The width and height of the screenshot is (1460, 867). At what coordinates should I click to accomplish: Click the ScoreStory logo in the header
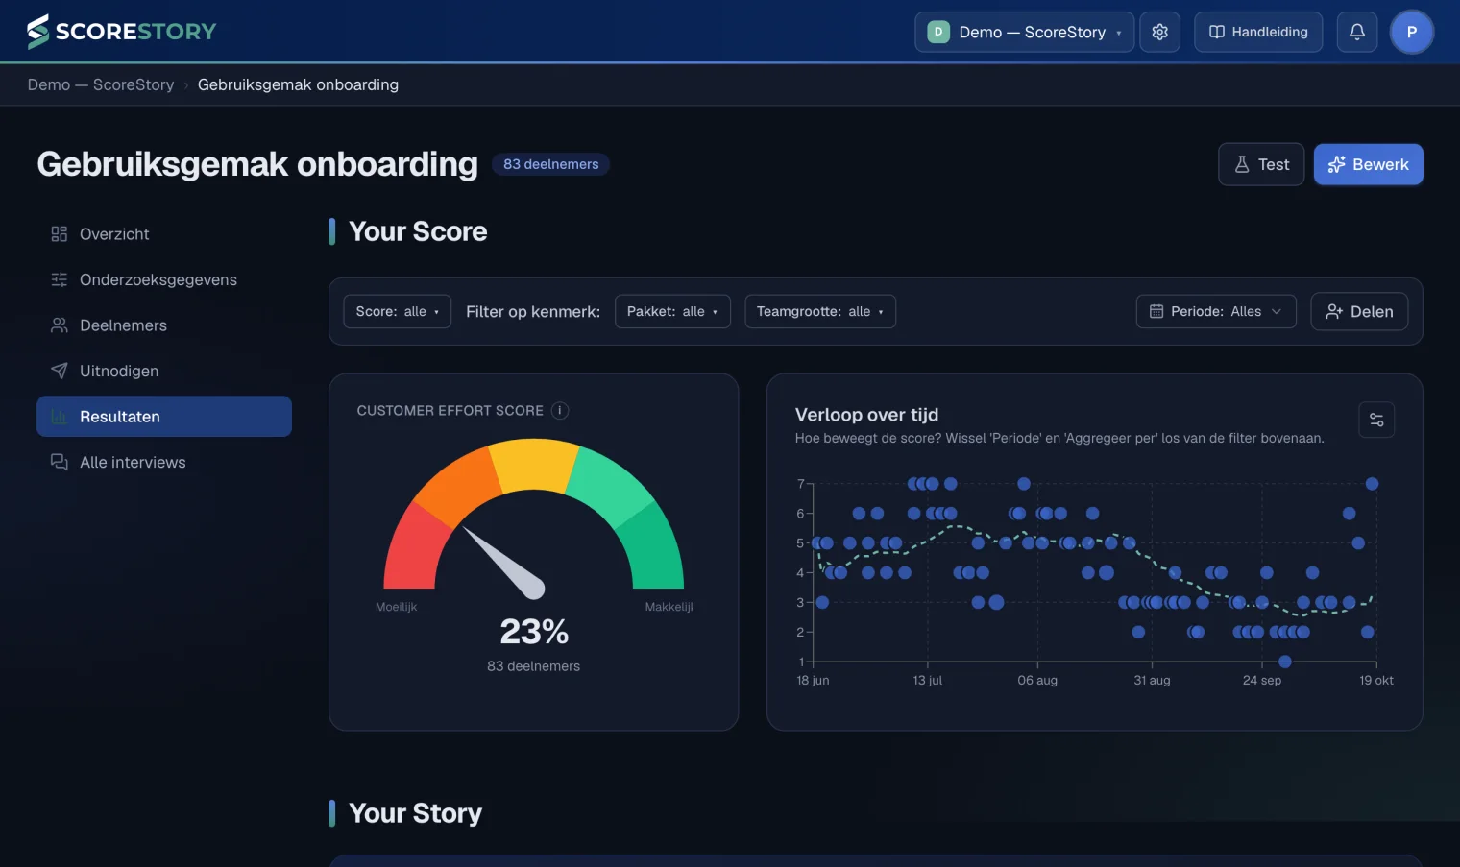point(121,32)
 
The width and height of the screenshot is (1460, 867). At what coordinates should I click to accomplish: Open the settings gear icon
point(1159,32)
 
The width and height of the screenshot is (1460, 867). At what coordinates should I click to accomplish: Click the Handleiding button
point(1258,32)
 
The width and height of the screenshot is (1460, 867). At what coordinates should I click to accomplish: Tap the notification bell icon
point(1357,32)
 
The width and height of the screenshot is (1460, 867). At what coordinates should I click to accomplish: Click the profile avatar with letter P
point(1412,32)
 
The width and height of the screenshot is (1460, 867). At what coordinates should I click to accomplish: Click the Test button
point(1261,164)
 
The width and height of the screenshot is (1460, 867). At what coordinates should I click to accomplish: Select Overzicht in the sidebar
point(114,234)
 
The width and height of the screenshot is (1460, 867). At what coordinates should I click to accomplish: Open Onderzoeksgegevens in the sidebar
point(158,279)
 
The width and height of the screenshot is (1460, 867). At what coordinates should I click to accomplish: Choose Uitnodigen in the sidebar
point(119,371)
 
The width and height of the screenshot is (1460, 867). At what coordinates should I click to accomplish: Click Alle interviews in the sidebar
point(133,462)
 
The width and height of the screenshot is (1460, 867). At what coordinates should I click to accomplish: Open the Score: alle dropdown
point(397,311)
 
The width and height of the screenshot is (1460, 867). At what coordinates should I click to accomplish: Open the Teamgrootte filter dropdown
point(820,311)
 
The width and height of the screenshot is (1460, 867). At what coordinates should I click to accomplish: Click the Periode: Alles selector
point(1216,311)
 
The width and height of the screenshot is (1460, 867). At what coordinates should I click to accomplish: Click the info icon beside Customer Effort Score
point(559,410)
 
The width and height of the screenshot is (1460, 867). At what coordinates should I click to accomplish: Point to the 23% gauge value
point(534,631)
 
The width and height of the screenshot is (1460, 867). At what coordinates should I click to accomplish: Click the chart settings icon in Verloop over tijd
point(1375,421)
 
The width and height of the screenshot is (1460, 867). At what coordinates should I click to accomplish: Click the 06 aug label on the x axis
point(1037,680)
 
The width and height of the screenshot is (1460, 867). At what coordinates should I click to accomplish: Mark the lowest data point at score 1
point(1284,662)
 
